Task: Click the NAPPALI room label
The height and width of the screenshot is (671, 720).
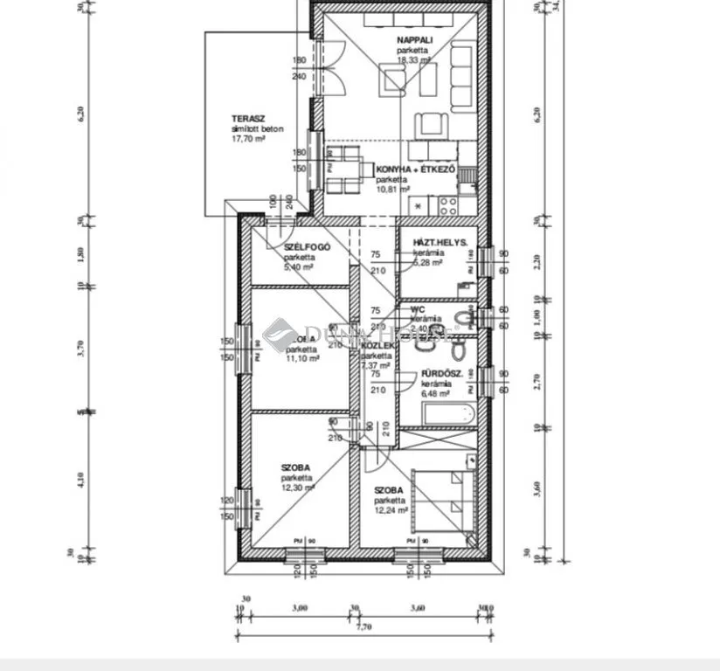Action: click(x=412, y=40)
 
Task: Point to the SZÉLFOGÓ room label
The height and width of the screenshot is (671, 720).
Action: click(x=306, y=248)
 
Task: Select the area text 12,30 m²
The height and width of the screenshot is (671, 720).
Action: click(x=298, y=488)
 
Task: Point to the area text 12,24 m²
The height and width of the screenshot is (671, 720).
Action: click(x=392, y=511)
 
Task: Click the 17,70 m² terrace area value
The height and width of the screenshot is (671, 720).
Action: click(x=248, y=138)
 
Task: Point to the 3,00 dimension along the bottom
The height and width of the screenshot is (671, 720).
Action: click(x=300, y=608)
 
